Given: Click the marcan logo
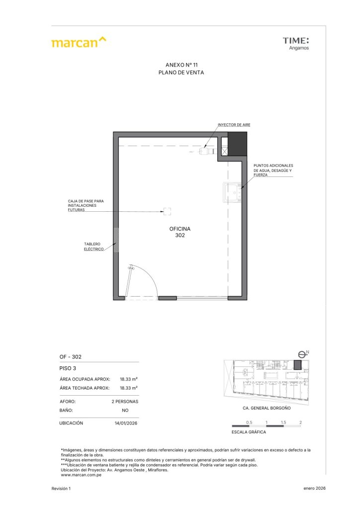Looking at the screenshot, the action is pyautogui.click(x=79, y=42).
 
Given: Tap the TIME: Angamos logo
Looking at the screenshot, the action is pyautogui.click(x=296, y=44).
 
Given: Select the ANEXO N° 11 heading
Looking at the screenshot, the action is pyautogui.click(x=181, y=65).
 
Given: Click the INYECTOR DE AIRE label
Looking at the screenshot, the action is pyautogui.click(x=234, y=125).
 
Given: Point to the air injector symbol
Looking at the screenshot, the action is pyautogui.click(x=208, y=151).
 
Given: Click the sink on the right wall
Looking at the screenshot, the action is pyautogui.click(x=232, y=192).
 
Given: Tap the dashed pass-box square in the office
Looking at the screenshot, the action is pyautogui.click(x=167, y=211).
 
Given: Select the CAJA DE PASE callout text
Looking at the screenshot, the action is pyautogui.click(x=86, y=205).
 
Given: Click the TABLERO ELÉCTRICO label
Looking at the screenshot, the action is pyautogui.click(x=94, y=247).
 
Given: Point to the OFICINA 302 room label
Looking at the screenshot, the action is pyautogui.click(x=180, y=232).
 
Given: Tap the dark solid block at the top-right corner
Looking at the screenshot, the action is pyautogui.click(x=237, y=144).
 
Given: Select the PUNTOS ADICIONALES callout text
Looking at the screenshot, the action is pyautogui.click(x=273, y=170).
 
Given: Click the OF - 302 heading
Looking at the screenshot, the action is pyautogui.click(x=71, y=357).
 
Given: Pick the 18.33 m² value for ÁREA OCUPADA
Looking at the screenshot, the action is pyautogui.click(x=129, y=379).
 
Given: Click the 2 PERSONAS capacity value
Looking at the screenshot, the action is pyautogui.click(x=125, y=402).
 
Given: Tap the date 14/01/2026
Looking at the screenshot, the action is pyautogui.click(x=126, y=424).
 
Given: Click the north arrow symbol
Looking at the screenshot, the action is pyautogui.click(x=302, y=354).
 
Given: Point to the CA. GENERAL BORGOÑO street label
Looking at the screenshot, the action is pyautogui.click(x=267, y=408).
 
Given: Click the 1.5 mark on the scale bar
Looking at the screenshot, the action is pyautogui.click(x=283, y=423).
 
